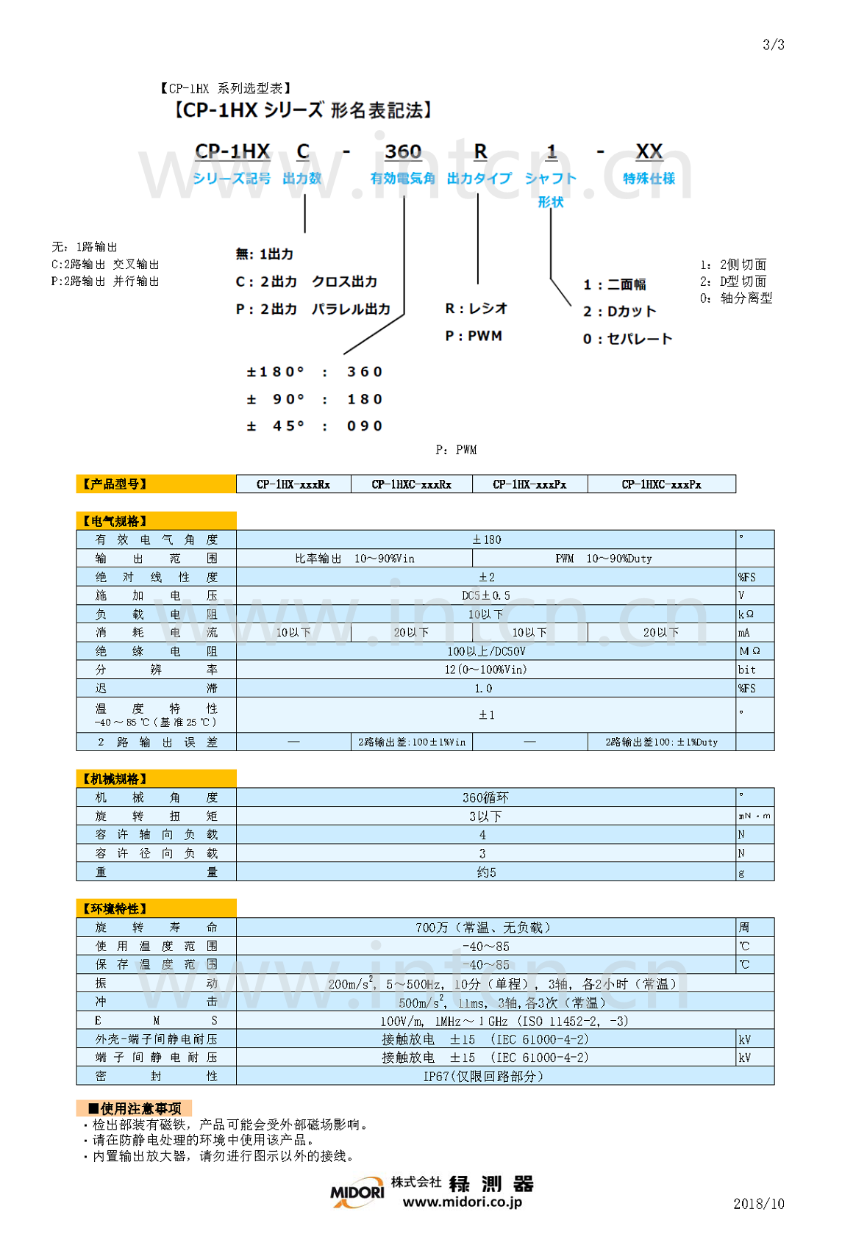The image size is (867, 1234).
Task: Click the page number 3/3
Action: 773,45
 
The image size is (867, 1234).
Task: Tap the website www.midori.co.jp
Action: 462,1202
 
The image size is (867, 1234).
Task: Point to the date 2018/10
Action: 758,1203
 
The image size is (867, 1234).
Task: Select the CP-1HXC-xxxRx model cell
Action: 411,484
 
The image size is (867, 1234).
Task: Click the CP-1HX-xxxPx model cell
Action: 529,484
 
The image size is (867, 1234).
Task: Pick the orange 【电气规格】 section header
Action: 156,521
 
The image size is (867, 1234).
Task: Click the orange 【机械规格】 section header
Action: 156,779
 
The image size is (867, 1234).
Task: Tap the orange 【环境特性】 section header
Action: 156,908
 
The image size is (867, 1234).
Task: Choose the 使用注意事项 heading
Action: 135,1108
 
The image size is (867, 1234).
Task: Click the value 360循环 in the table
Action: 485,797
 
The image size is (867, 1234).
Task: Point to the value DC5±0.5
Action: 485,595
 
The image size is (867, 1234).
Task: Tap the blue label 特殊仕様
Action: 649,179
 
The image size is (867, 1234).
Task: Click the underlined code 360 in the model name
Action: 403,152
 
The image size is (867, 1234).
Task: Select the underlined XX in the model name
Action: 649,152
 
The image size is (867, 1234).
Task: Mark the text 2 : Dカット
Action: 619,312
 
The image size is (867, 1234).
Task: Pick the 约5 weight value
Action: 486,872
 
